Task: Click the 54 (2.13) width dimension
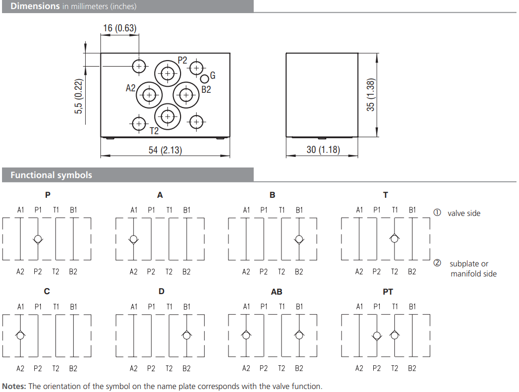pos(166,150)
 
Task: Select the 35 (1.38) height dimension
pos(371,95)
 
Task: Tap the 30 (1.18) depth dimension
pos(323,150)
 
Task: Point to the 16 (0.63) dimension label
pos(120,28)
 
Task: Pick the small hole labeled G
pos(205,79)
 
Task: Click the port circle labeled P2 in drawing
pos(167,74)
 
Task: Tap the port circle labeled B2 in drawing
pos(186,95)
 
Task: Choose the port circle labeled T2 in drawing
pos(167,117)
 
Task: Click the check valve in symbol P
pos(38,239)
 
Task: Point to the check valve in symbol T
pos(395,239)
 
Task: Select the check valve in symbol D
pos(187,335)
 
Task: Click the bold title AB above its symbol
pos(276,292)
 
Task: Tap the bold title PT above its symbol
pos(387,292)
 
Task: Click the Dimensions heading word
pos(35,7)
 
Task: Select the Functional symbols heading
pos(51,175)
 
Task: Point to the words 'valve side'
pos(464,213)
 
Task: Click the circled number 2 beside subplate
pos(437,263)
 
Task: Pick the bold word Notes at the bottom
pos(14,386)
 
